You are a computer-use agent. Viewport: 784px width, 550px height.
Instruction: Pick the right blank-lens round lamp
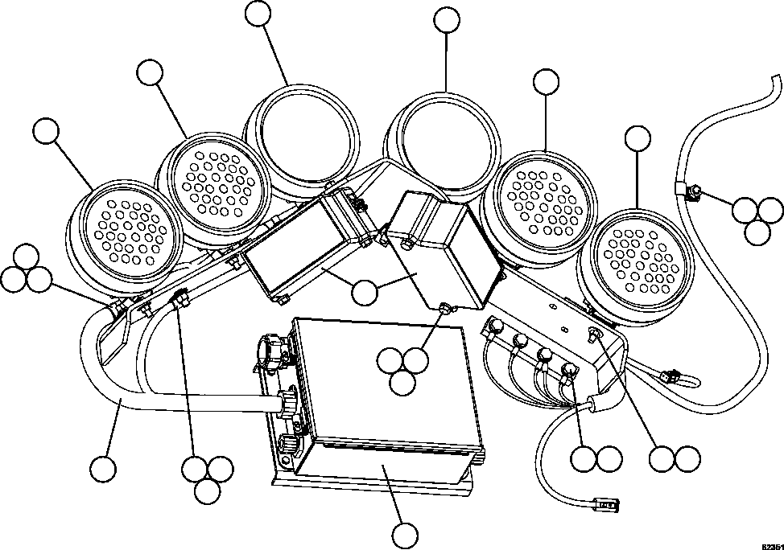(x=448, y=137)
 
